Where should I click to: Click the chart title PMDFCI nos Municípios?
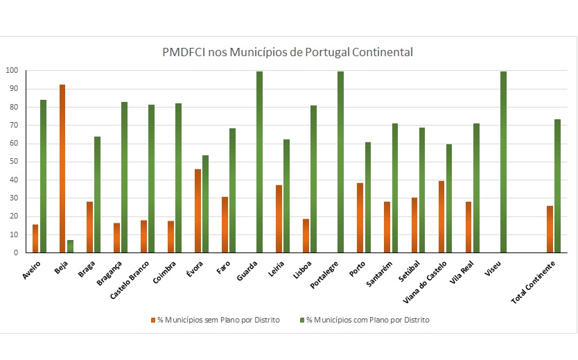click(x=287, y=53)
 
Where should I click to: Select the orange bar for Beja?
click(x=62, y=169)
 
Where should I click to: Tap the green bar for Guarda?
click(x=260, y=162)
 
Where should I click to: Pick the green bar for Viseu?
click(x=504, y=162)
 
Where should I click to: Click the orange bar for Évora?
click(x=198, y=211)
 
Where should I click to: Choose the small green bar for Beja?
click(x=70, y=246)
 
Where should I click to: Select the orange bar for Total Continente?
click(x=550, y=229)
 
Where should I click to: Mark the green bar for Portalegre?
click(x=341, y=162)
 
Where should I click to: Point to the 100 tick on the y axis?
click(x=12, y=71)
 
